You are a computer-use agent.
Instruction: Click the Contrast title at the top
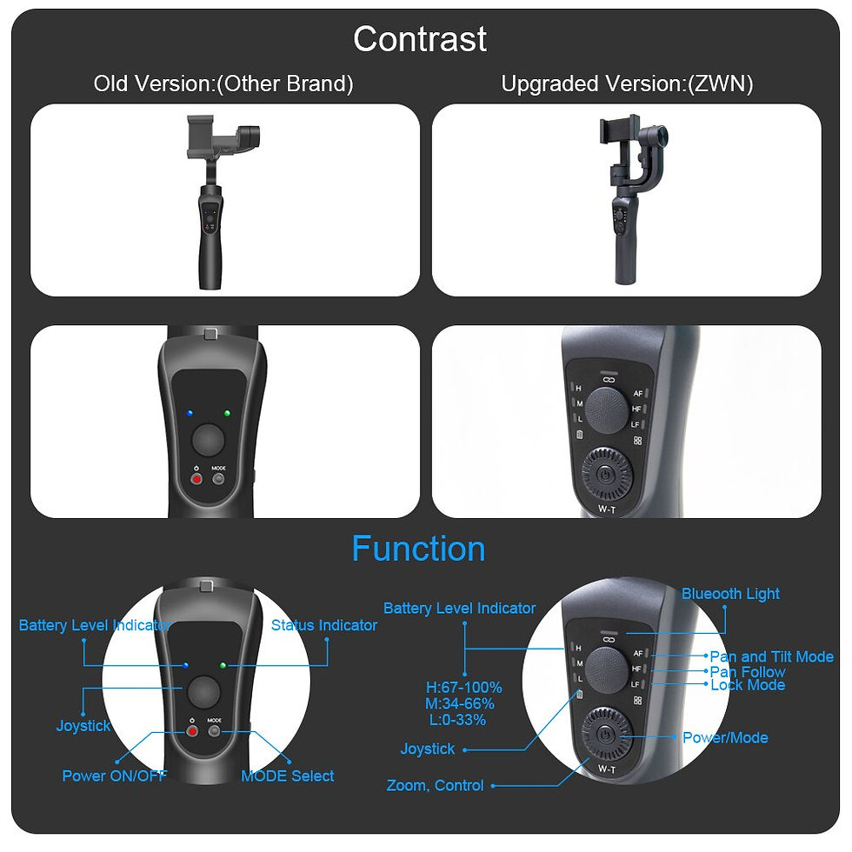click(x=420, y=39)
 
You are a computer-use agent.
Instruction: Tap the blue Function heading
click(x=418, y=549)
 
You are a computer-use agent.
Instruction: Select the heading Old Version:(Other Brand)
click(x=223, y=84)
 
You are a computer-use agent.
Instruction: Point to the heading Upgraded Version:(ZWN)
click(x=627, y=84)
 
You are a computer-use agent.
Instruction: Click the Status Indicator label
click(x=324, y=625)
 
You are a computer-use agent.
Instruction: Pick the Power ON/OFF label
click(x=114, y=775)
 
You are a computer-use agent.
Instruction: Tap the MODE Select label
click(x=288, y=775)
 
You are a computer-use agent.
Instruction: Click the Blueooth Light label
click(x=730, y=594)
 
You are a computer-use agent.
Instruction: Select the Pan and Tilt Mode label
click(x=771, y=656)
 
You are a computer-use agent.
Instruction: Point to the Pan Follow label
click(x=748, y=671)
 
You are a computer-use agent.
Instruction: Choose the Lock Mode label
click(x=748, y=685)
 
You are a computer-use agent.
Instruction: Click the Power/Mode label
click(x=725, y=737)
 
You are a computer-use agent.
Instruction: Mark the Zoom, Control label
click(x=435, y=785)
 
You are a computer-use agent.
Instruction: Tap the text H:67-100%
click(x=463, y=688)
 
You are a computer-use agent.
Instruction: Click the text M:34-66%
click(x=460, y=703)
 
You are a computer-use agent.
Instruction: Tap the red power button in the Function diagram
click(x=193, y=731)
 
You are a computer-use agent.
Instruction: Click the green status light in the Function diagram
click(x=223, y=666)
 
